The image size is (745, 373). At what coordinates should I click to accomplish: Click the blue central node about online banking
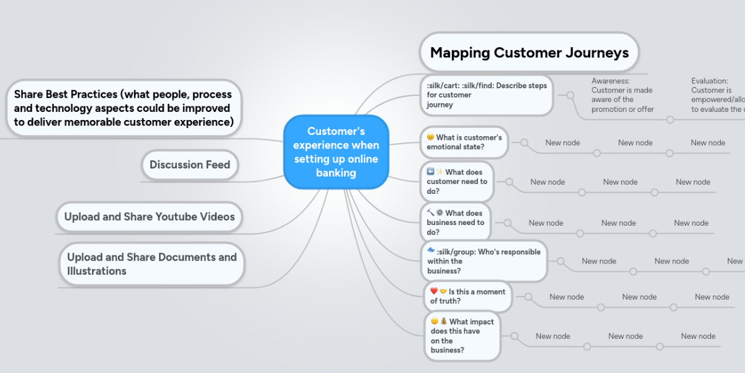[x=336, y=152]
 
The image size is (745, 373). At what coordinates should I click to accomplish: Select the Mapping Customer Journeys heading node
[x=529, y=53]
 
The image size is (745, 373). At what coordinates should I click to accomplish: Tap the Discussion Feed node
[x=189, y=165]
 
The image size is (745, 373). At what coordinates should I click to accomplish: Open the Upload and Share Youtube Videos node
[x=150, y=216]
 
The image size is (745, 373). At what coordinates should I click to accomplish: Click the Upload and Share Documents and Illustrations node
[x=151, y=264]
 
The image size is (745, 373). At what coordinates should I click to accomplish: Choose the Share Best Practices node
[x=124, y=108]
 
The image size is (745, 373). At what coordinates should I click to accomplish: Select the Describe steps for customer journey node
[x=486, y=95]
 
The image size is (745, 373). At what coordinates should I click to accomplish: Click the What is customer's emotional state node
[x=464, y=142]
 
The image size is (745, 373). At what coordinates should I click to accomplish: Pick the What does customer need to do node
[x=457, y=182]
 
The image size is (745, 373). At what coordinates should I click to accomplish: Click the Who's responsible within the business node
[x=484, y=261]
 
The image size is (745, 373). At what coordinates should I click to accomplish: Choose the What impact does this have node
[x=462, y=336]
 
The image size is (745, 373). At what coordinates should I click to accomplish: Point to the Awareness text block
[x=622, y=95]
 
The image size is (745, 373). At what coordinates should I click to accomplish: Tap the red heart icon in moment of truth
[x=434, y=292]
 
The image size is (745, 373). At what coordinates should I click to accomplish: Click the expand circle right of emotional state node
[x=524, y=143]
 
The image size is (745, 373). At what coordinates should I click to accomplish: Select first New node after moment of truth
[x=566, y=297]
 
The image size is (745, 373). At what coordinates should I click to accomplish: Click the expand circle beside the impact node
[x=515, y=336]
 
